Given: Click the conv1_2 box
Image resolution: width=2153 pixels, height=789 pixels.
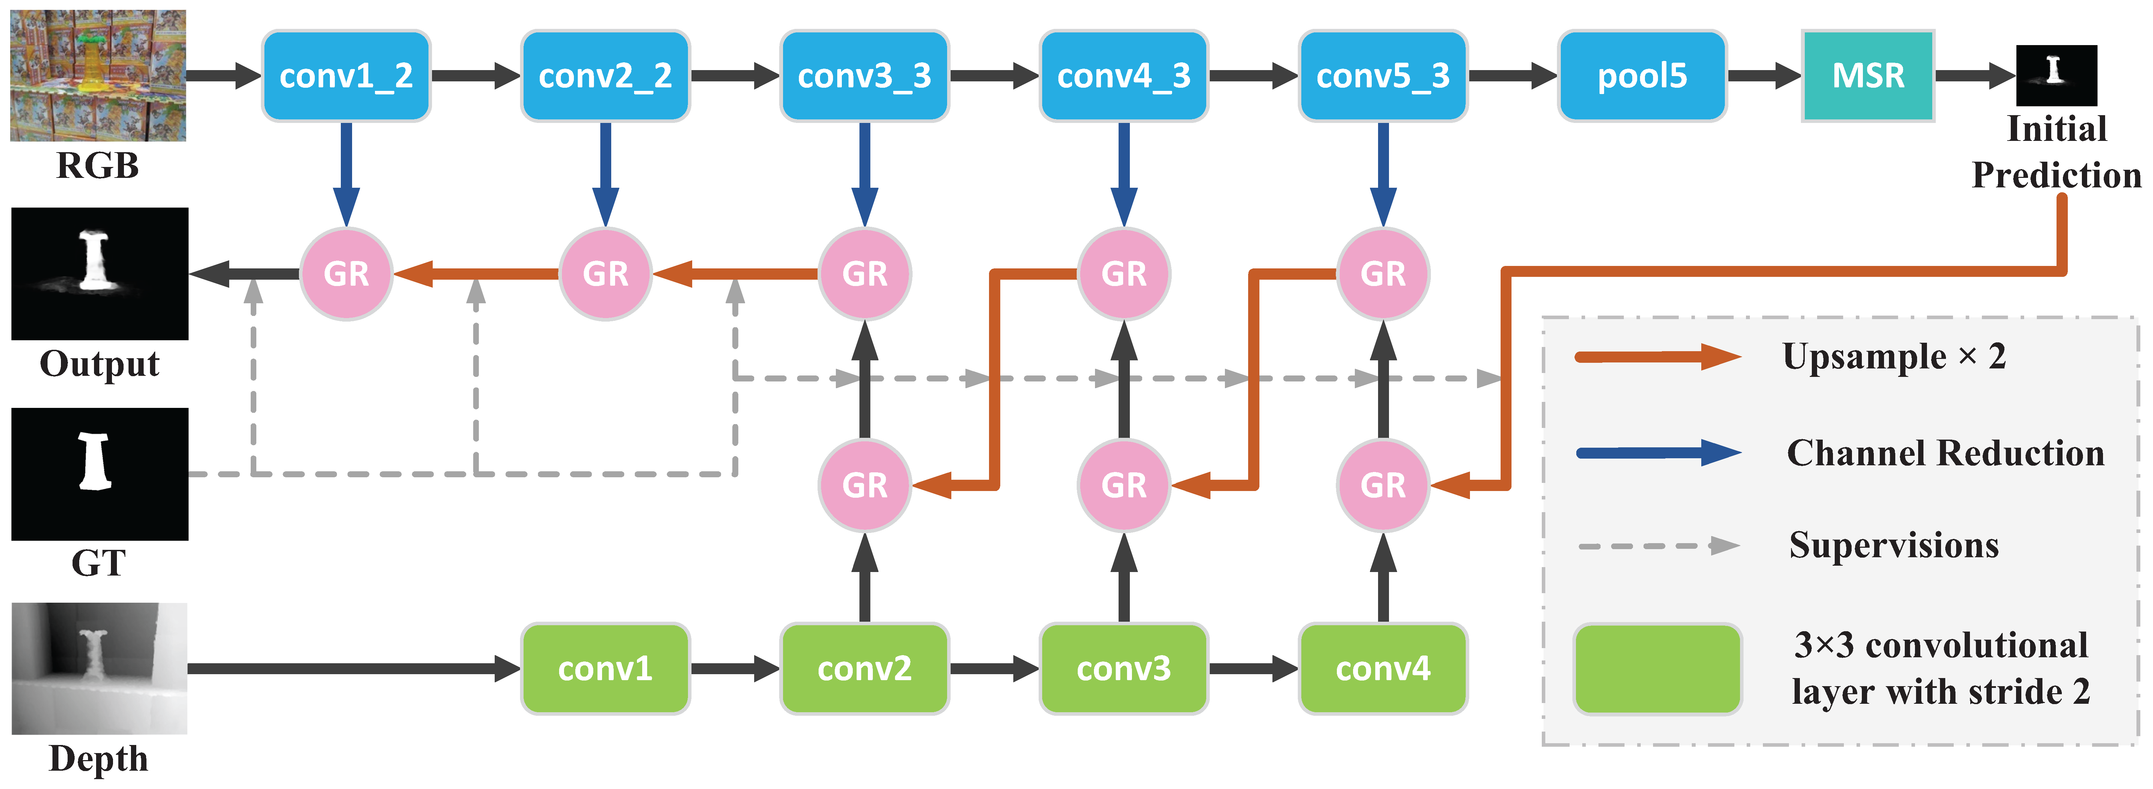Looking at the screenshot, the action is click(x=346, y=76).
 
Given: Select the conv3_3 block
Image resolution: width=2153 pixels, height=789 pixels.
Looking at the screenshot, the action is click(x=864, y=76).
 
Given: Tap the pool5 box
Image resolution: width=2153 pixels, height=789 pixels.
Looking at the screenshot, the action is click(x=1642, y=76).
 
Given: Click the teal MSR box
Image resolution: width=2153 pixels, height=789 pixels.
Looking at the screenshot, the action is click(x=1868, y=76).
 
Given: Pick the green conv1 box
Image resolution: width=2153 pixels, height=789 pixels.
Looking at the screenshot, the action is click(x=605, y=669).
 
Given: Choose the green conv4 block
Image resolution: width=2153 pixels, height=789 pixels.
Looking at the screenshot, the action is click(x=1383, y=669).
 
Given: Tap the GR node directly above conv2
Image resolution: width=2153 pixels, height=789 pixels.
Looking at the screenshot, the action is click(x=864, y=485).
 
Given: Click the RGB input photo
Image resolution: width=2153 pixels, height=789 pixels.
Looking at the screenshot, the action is click(x=98, y=75).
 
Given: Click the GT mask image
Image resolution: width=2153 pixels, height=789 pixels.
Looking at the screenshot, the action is click(x=99, y=474).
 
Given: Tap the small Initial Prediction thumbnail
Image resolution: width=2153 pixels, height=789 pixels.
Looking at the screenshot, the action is click(x=2057, y=75).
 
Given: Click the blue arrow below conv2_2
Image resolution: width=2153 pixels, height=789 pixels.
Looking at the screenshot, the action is click(x=605, y=174).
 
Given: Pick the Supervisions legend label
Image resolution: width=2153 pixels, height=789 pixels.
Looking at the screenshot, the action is click(x=1894, y=546).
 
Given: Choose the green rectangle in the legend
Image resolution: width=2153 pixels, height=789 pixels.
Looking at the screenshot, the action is click(x=1657, y=669).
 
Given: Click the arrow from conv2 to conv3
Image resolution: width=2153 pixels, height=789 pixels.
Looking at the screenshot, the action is click(x=994, y=669).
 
